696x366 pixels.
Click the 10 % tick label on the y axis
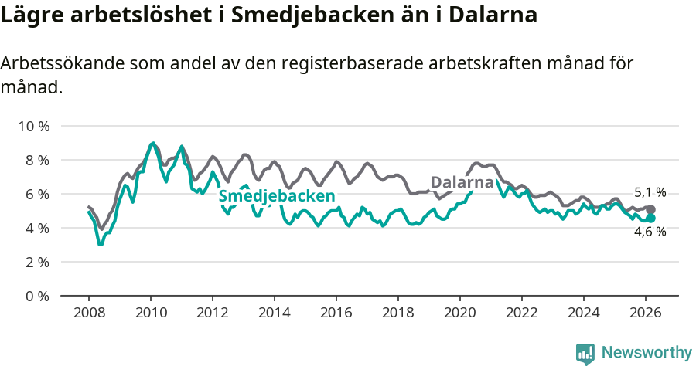coord(33,126)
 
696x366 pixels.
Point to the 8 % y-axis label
coord(36,160)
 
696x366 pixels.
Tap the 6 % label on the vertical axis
coord(36,194)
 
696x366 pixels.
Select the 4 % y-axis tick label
coord(36,228)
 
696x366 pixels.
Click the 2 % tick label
coord(36,262)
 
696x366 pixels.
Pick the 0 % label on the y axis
coord(36,296)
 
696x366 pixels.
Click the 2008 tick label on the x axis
coord(89,313)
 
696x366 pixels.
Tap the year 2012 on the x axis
coord(213,313)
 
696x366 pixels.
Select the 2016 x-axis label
coord(336,313)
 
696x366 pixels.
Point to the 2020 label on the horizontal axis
coord(460,313)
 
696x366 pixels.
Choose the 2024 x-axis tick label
coord(584,313)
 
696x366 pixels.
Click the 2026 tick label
coord(646,313)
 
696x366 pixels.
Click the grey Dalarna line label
coord(462,183)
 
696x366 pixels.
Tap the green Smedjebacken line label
coord(276,196)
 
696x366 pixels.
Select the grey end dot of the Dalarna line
coord(650,209)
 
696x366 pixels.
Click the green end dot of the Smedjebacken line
coord(650,219)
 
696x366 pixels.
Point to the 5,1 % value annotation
coord(650,193)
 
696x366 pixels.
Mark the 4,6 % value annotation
coord(650,232)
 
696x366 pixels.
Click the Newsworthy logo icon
coord(585,354)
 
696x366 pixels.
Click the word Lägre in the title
coord(30,15)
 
